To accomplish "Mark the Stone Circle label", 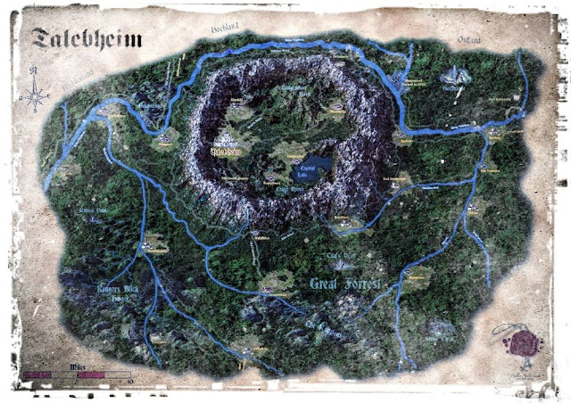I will coord(440,340).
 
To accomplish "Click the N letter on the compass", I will coord(34,69).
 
